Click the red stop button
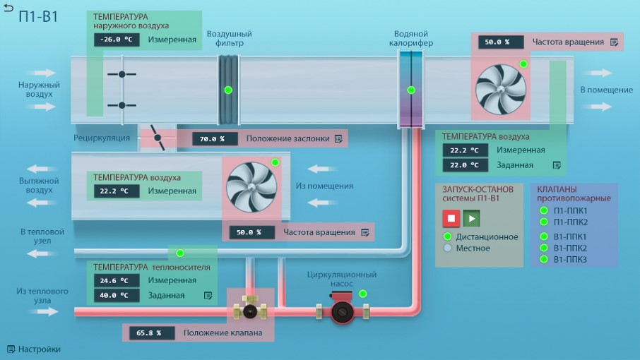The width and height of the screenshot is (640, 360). pos(451,218)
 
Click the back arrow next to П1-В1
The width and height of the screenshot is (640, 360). pos(8,8)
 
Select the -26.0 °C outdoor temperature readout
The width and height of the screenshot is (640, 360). pos(117,40)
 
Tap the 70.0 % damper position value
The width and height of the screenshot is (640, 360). pos(215,138)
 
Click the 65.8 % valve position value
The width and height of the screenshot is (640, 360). pos(152,332)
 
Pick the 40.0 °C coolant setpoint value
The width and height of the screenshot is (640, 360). pos(117,295)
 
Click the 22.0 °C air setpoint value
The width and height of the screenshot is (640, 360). pos(466,165)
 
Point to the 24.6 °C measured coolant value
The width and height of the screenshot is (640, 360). pos(117,280)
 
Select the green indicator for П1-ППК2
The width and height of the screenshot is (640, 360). pos(544,222)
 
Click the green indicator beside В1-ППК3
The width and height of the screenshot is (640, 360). pos(544,259)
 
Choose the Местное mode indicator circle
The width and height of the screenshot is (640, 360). pos(448,248)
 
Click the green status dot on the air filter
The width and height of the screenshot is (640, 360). pos(229,90)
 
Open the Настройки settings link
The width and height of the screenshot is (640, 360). pos(34,349)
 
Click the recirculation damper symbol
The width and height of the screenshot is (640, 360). pos(158,138)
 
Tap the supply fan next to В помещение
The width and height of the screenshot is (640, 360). pos(501,89)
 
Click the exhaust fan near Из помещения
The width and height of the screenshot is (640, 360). pos(251,187)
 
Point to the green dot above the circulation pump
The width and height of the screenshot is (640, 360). pos(363,294)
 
